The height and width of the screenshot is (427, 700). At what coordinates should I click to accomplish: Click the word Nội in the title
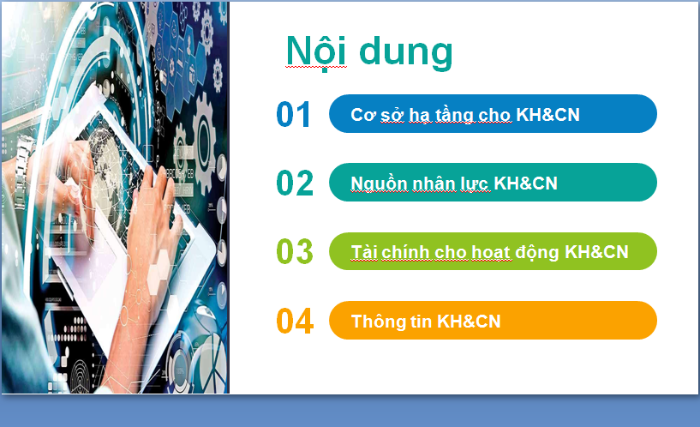(x=316, y=51)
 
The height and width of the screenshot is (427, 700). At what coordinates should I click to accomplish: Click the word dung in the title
(x=406, y=52)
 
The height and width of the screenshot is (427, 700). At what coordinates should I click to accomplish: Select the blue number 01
(x=293, y=114)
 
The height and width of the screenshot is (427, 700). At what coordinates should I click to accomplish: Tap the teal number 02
(x=295, y=183)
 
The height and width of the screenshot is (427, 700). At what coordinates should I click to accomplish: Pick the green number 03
(x=295, y=251)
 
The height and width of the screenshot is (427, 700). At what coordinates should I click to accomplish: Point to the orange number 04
(x=295, y=322)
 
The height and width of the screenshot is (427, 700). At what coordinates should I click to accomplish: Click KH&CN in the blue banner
(x=547, y=115)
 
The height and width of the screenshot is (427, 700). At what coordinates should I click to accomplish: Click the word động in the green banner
(x=537, y=253)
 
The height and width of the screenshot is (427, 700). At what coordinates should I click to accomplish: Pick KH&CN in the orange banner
(x=469, y=322)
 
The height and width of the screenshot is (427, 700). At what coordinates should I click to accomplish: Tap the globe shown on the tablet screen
(x=105, y=167)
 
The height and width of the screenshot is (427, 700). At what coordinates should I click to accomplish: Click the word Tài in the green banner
(x=364, y=252)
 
